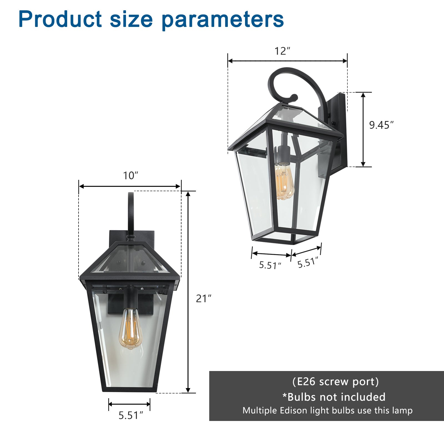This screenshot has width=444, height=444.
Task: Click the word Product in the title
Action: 60,19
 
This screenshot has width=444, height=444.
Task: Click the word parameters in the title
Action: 223,20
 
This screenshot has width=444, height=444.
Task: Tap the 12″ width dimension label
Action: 282,51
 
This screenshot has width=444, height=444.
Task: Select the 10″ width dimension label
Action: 130,176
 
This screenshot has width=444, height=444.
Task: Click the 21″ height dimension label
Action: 203,299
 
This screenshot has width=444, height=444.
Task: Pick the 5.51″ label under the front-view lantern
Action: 131,415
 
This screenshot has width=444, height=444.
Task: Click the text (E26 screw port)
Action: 335,382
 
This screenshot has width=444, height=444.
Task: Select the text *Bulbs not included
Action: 334,397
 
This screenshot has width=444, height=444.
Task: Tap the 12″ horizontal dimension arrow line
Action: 287,61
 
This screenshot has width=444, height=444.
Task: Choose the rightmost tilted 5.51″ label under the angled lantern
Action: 307,262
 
